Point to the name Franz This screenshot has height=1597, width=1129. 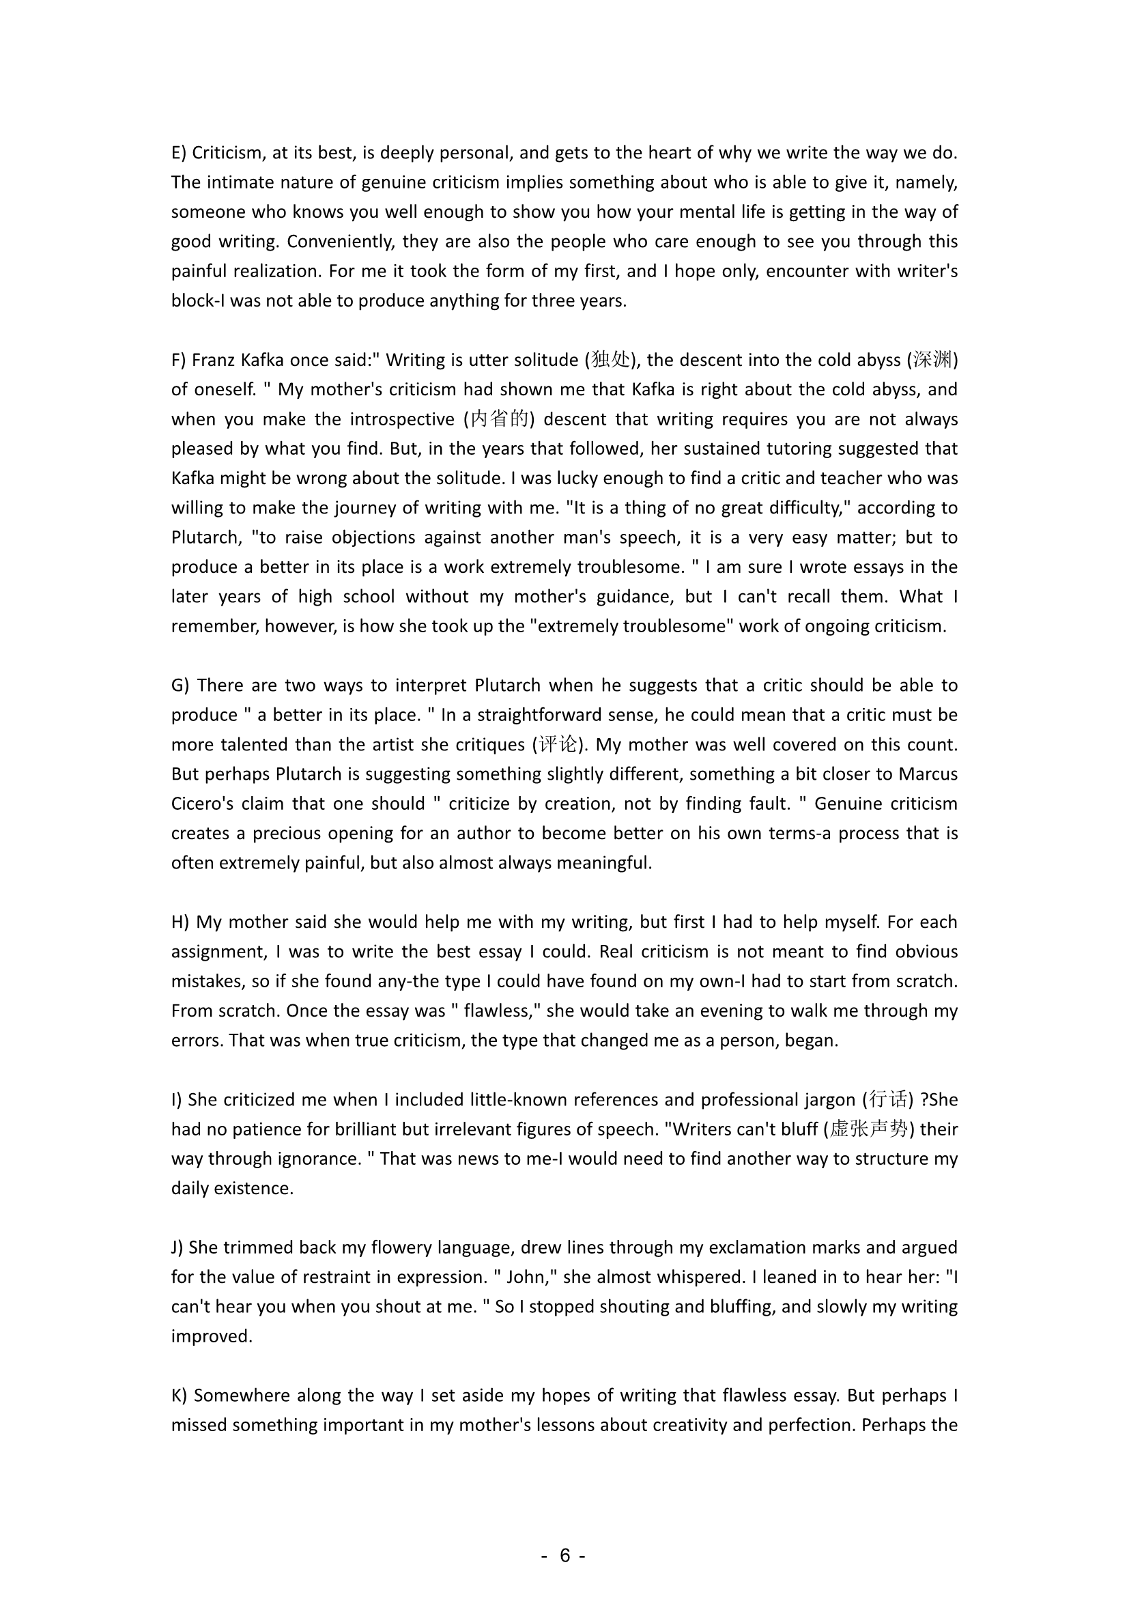[x=213, y=360]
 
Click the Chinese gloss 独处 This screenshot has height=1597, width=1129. [x=610, y=360]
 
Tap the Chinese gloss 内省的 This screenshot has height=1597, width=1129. [x=499, y=419]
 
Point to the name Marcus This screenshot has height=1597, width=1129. [x=928, y=774]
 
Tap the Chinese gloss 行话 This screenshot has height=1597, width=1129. [x=888, y=1100]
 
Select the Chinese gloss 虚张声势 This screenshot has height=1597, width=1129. [x=868, y=1129]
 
